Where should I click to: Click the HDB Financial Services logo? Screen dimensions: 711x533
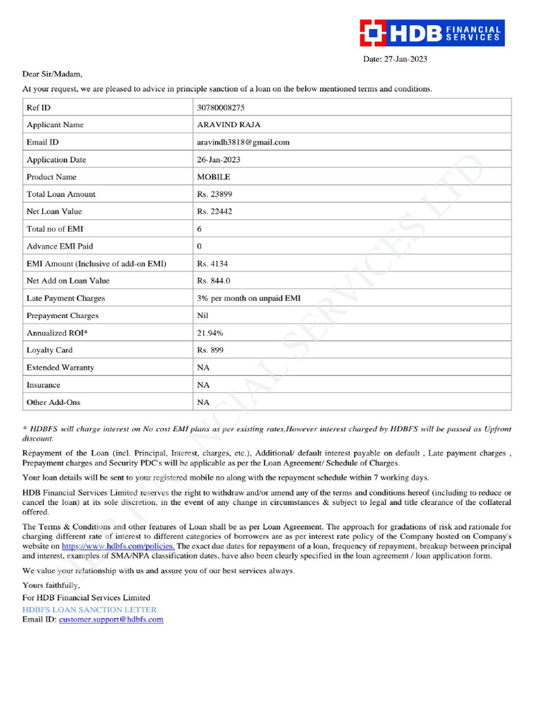point(431,33)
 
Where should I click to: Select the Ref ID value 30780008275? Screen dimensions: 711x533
point(221,108)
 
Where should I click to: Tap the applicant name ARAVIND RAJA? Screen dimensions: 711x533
point(229,125)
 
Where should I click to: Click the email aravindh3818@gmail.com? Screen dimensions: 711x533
point(243,142)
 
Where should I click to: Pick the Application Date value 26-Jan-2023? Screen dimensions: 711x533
point(219,160)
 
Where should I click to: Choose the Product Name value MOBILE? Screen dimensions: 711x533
point(214,177)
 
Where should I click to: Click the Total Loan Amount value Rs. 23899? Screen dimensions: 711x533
point(215,194)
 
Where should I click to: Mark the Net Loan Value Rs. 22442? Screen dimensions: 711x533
point(215,212)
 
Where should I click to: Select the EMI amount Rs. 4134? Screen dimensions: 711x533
point(212,264)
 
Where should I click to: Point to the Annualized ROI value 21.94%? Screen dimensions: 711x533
point(210,333)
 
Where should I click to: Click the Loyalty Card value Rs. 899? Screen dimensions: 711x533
point(210,351)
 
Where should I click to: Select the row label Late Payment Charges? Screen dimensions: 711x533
point(66,299)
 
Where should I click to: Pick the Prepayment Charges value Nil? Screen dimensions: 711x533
point(203,316)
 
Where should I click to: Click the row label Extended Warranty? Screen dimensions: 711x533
point(60,368)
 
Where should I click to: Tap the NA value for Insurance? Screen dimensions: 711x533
point(203,385)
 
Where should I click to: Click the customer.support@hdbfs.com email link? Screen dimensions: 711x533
point(111,619)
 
